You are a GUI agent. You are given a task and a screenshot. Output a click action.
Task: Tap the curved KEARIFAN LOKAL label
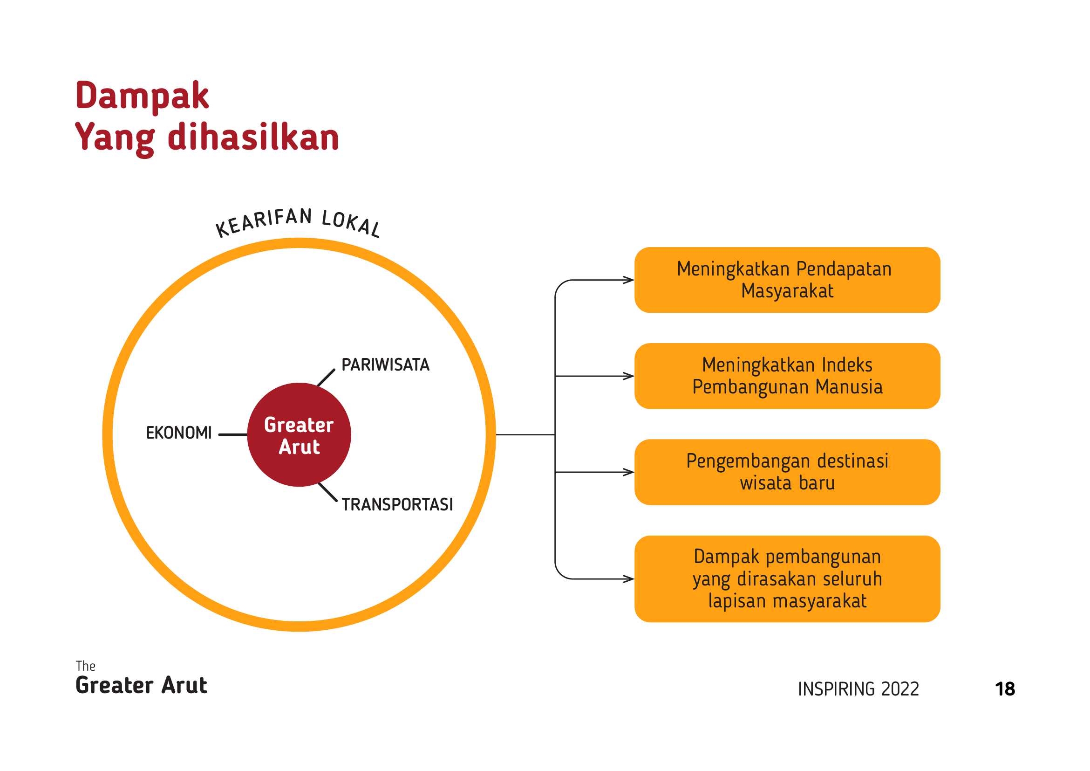click(298, 222)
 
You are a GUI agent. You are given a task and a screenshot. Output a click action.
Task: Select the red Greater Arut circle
click(299, 434)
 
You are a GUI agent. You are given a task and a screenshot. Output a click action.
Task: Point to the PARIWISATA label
click(386, 365)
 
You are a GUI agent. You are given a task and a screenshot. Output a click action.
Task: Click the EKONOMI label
click(179, 433)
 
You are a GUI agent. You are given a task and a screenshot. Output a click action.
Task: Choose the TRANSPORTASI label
click(397, 504)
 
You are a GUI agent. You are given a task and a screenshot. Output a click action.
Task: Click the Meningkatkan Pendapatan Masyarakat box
click(787, 280)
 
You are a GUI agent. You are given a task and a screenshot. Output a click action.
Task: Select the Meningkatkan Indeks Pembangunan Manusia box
click(787, 376)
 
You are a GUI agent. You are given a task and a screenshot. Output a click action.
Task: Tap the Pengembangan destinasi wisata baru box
click(787, 472)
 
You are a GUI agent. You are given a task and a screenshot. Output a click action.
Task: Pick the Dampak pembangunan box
click(787, 579)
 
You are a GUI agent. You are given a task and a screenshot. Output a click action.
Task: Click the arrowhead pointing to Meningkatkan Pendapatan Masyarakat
click(629, 280)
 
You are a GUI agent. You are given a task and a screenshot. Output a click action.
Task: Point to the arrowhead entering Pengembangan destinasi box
click(629, 472)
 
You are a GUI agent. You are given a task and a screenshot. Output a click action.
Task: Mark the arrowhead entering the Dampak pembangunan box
click(629, 579)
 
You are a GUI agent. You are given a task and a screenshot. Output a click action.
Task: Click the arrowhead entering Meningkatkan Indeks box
click(629, 376)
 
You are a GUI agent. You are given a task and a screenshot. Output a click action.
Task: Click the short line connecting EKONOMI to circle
click(232, 434)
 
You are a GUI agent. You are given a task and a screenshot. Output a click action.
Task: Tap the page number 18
click(1005, 689)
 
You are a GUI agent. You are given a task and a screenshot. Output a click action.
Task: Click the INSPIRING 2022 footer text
click(858, 689)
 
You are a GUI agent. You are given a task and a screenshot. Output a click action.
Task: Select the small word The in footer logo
click(85, 666)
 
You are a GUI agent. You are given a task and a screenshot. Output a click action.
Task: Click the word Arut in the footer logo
click(184, 686)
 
